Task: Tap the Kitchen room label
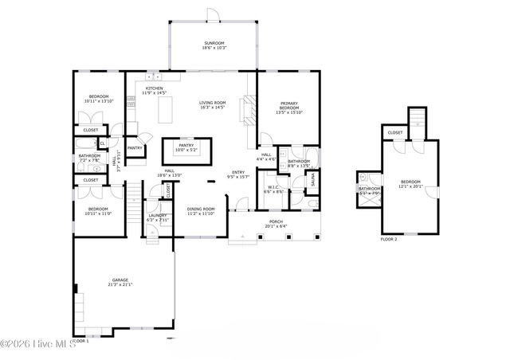(154, 88)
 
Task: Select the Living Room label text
(213, 103)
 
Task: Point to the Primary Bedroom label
(288, 107)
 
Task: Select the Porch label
(276, 222)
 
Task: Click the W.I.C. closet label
(273, 188)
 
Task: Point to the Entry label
(238, 173)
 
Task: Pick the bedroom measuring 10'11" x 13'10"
(99, 98)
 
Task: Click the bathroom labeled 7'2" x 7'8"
(89, 157)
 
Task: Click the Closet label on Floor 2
(395, 133)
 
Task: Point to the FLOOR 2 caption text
(389, 239)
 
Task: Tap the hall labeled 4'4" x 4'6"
(267, 156)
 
